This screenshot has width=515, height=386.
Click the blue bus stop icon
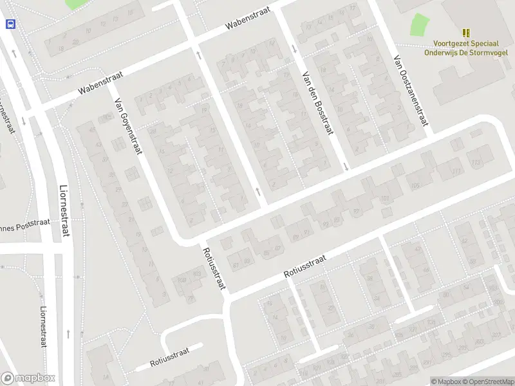pyautogui.click(x=10, y=24)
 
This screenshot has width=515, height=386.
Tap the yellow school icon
pyautogui.click(x=466, y=33)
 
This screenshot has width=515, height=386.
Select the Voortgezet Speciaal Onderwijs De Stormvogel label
pyautogui.click(x=465, y=48)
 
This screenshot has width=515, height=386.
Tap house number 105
pyautogui.click(x=415, y=185)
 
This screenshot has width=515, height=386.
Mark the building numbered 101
pyautogui.click(x=385, y=199)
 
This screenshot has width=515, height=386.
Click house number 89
pyautogui.click(x=297, y=237)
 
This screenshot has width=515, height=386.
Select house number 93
pyautogui.click(x=326, y=224)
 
